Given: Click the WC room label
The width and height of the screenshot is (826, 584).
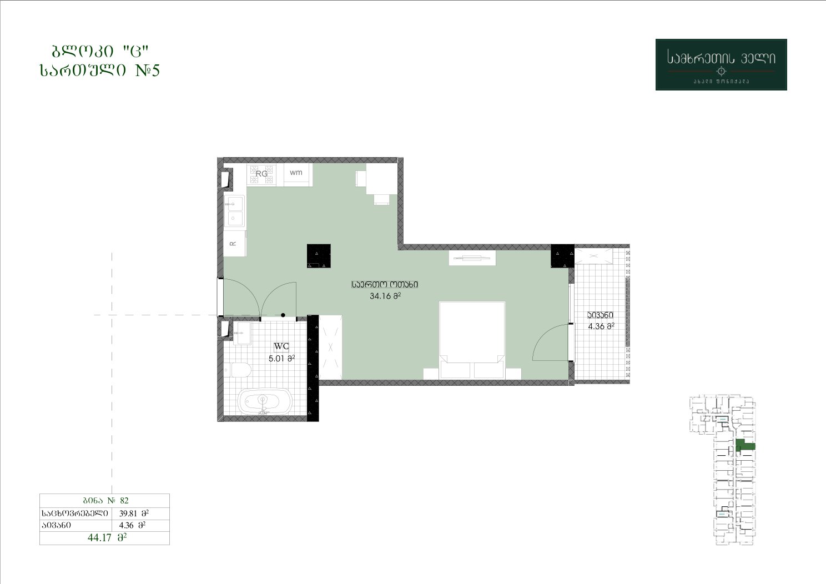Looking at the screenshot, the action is (x=281, y=346).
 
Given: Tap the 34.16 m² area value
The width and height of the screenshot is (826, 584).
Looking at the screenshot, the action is (x=385, y=296).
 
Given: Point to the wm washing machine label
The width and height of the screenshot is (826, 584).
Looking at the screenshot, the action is (x=296, y=172).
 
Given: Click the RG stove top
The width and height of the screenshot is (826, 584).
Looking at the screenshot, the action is (x=261, y=174).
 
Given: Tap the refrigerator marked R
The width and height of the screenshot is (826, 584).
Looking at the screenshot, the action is (x=234, y=244).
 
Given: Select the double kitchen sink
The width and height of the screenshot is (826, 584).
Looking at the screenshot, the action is (x=234, y=210).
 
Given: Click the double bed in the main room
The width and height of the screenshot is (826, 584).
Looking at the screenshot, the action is (x=472, y=340).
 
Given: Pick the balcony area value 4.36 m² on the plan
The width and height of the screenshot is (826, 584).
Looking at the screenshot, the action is (x=601, y=326).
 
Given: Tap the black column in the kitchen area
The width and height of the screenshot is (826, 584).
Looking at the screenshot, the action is (x=319, y=256).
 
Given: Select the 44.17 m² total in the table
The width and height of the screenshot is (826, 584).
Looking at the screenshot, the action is (x=107, y=538).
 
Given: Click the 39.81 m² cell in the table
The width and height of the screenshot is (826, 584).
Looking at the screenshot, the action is (x=134, y=513).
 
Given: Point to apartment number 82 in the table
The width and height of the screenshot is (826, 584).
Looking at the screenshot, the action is (x=124, y=500).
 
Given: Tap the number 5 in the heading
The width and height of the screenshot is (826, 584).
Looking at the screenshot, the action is (x=155, y=70).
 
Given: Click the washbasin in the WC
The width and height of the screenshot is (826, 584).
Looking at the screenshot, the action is (x=242, y=333).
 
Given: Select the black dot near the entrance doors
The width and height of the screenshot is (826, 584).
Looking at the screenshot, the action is (x=283, y=315).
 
